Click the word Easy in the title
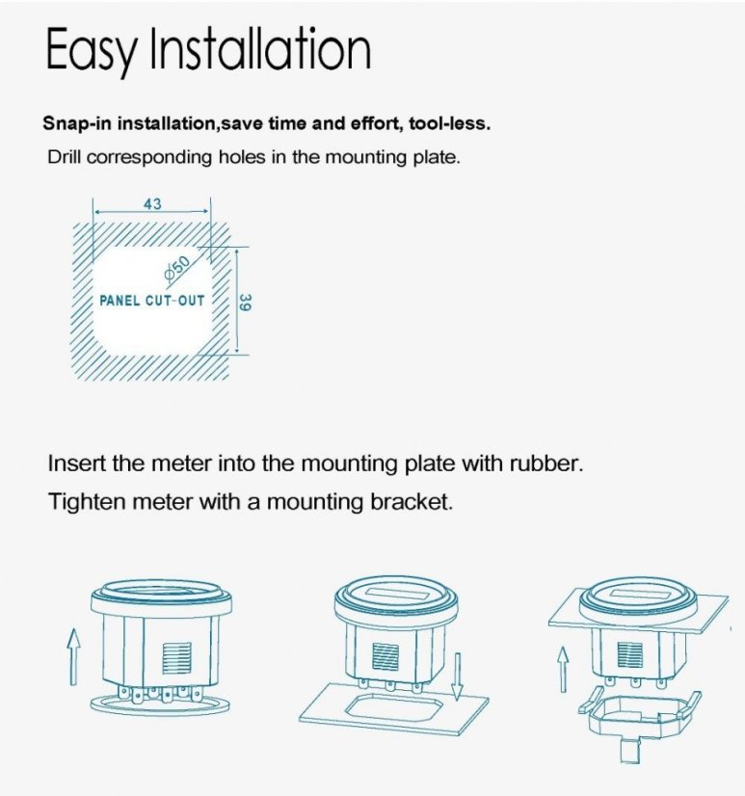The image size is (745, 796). pyautogui.click(x=92, y=50)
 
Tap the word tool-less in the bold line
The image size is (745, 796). pyautogui.click(x=449, y=123)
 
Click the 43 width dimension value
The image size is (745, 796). pyautogui.click(x=152, y=204)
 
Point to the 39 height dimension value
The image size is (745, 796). pyautogui.click(x=245, y=303)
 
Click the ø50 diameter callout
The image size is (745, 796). pyautogui.click(x=176, y=268)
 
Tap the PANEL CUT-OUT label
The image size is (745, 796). pyautogui.click(x=152, y=301)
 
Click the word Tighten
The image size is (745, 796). pyautogui.click(x=87, y=502)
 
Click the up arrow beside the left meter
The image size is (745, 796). pyautogui.click(x=74, y=657)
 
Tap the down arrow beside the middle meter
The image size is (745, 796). pyautogui.click(x=458, y=677)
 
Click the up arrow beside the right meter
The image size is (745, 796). pyautogui.click(x=563, y=669)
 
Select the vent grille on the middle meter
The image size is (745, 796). pyautogui.click(x=386, y=656)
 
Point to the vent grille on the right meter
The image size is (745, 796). pyautogui.click(x=629, y=655)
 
